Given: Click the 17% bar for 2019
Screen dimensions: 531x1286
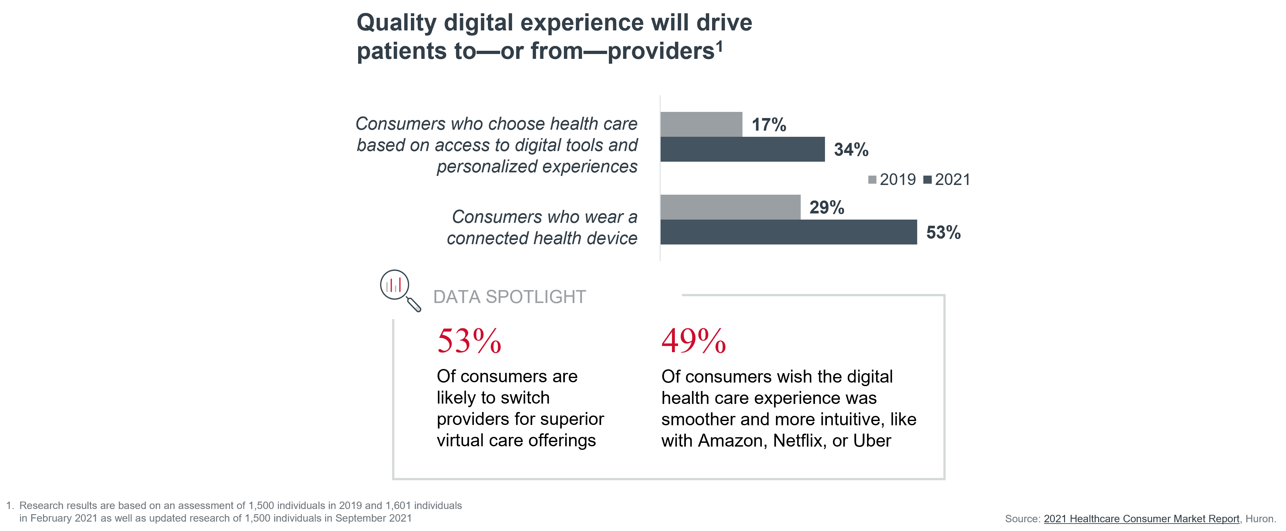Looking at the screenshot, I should [701, 124].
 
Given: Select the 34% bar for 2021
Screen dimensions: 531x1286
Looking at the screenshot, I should [742, 149].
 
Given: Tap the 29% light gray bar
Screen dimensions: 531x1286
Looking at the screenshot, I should [730, 207].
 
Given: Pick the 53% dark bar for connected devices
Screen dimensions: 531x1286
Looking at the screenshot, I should [788, 232].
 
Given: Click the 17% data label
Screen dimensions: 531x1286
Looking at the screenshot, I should [769, 125].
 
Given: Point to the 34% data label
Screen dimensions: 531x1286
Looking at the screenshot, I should [851, 150].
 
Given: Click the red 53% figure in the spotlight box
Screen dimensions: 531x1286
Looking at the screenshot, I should [469, 341].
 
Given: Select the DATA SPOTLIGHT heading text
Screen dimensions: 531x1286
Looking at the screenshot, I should [509, 297].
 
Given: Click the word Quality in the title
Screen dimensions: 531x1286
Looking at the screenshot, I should [396, 23].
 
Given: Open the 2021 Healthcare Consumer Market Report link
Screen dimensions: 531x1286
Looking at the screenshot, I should [1141, 518].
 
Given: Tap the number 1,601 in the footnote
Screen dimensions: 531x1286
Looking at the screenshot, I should [398, 505].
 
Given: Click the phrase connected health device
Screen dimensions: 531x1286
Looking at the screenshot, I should [542, 239].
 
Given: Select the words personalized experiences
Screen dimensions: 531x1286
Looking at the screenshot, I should [537, 167].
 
